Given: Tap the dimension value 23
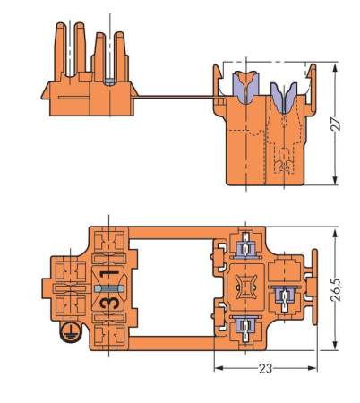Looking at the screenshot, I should (268, 368).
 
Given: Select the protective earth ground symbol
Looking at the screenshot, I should (65, 334).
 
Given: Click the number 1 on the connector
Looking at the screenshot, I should (107, 272).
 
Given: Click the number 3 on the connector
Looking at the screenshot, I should (107, 307).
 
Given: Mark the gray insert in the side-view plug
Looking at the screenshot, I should (107, 80).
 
